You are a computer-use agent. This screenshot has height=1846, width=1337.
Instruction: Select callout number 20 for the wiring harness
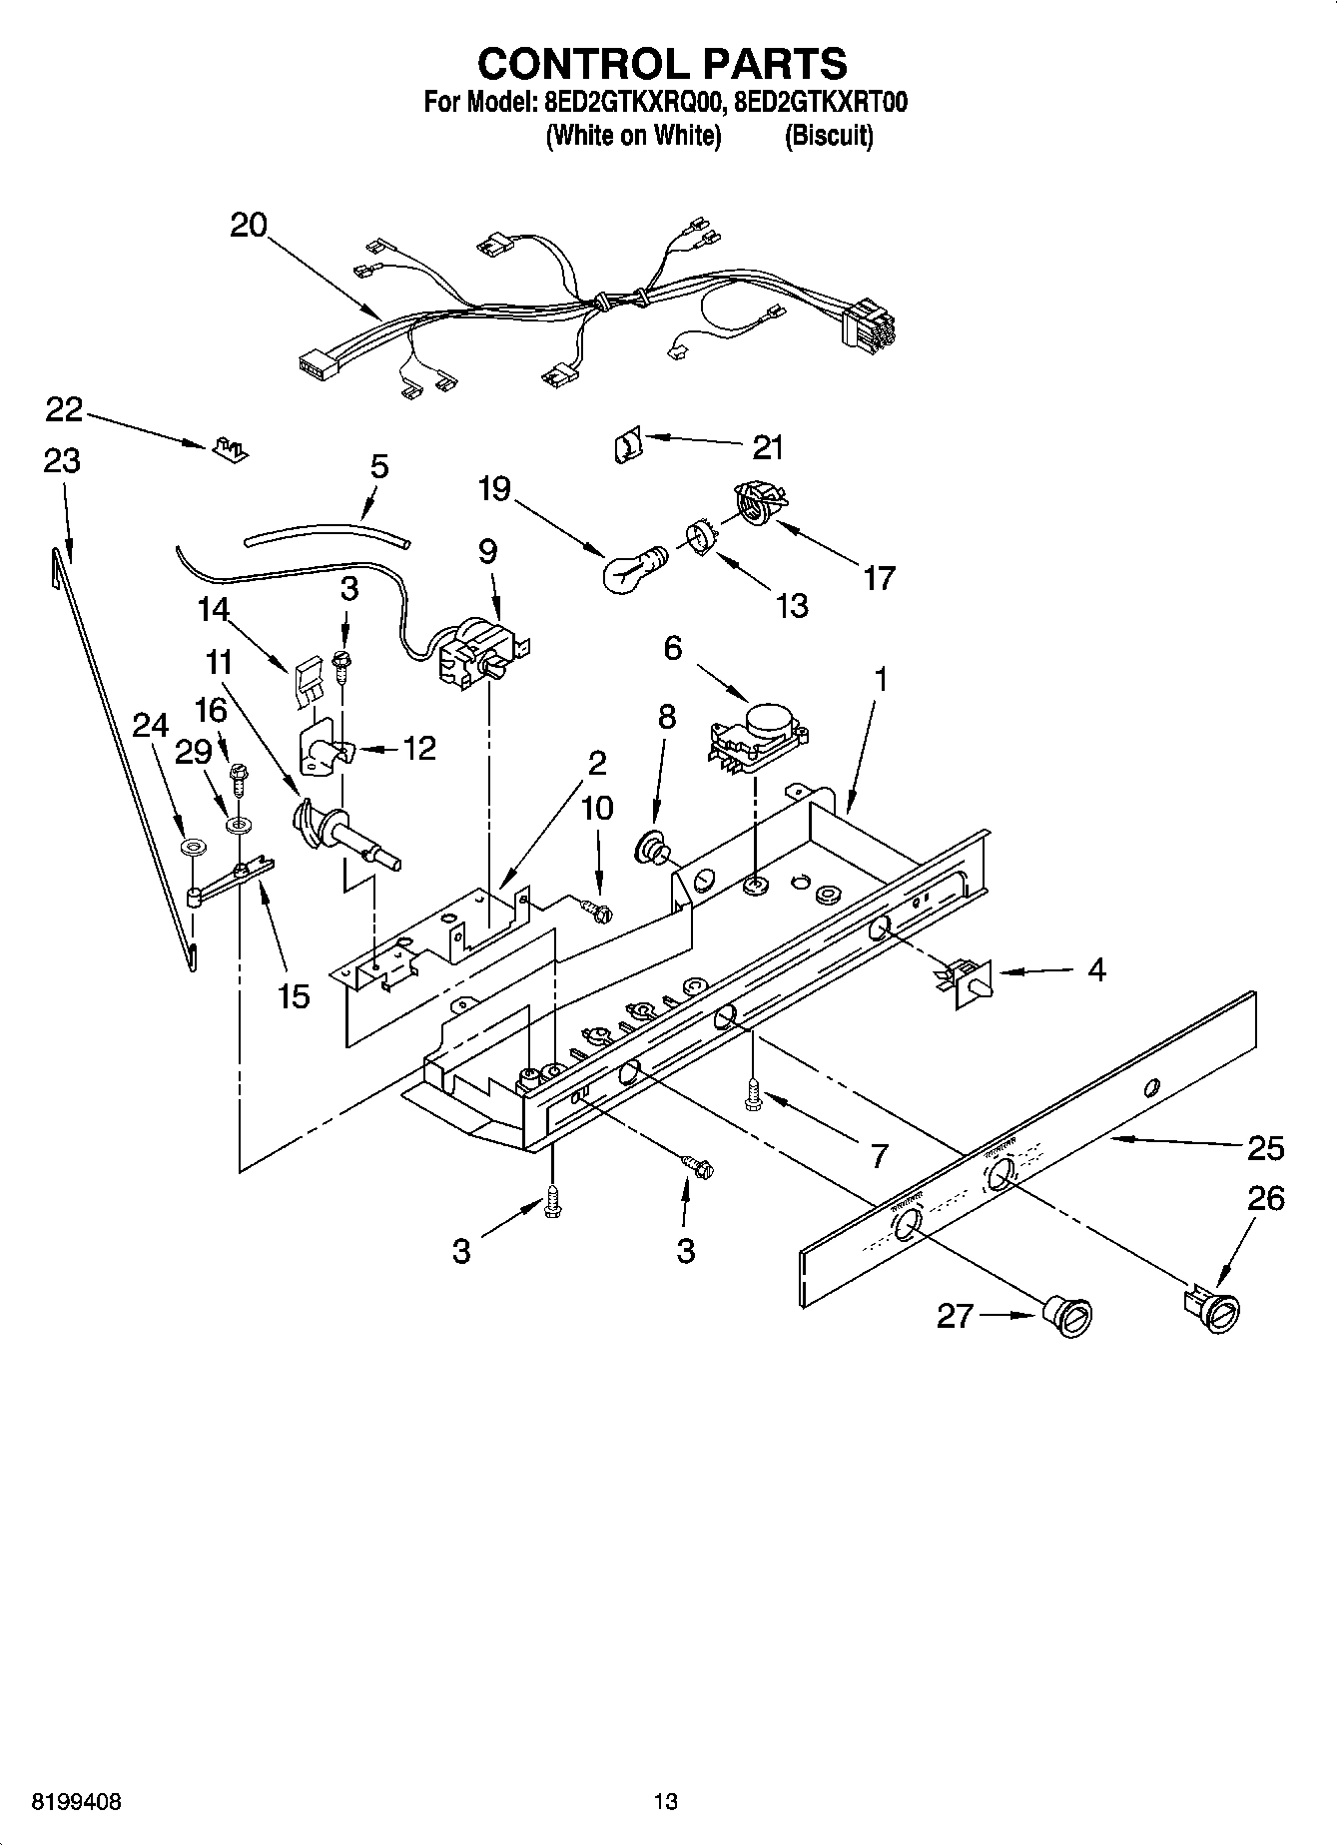(249, 225)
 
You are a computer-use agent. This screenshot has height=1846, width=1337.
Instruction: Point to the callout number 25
(1265, 1148)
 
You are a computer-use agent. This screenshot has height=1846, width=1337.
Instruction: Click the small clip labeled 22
(230, 448)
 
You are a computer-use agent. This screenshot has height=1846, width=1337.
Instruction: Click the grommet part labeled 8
(653, 848)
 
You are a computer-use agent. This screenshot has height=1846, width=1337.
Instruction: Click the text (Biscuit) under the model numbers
(829, 136)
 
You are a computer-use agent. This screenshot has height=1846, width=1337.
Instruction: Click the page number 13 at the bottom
(666, 1801)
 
